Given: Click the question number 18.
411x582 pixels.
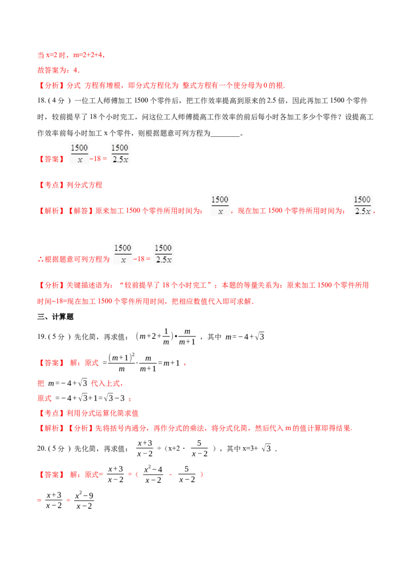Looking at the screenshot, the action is pos(42,101).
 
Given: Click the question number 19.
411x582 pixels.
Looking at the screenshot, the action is pos(42,337).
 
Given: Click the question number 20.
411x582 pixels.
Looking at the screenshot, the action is pos(42,448).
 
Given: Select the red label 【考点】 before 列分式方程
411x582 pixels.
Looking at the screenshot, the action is pos(51,185).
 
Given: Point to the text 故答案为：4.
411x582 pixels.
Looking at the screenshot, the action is pos(59,70).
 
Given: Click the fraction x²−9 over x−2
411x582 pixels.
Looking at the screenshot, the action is pos(84,500).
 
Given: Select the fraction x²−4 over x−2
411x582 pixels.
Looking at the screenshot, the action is pos(153,475).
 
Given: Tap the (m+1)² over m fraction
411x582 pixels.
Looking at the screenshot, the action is pos(122,362).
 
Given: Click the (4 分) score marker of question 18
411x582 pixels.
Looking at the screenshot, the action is pos(60,101).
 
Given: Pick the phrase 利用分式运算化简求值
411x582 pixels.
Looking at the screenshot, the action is pos(102,413).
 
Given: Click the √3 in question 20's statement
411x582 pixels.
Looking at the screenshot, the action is pos(266,448).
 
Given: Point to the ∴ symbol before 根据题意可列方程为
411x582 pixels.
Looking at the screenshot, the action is pos(41,260).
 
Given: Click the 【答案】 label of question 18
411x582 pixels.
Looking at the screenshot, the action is pos(51,159).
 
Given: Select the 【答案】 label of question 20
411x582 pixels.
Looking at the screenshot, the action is pos(51,475).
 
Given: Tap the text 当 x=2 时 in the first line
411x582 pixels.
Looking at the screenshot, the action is pos(51,55).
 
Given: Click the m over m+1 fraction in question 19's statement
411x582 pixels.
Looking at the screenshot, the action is pos(187,337).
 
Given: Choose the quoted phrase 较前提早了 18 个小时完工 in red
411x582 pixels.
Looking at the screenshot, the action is pos(165,285).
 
